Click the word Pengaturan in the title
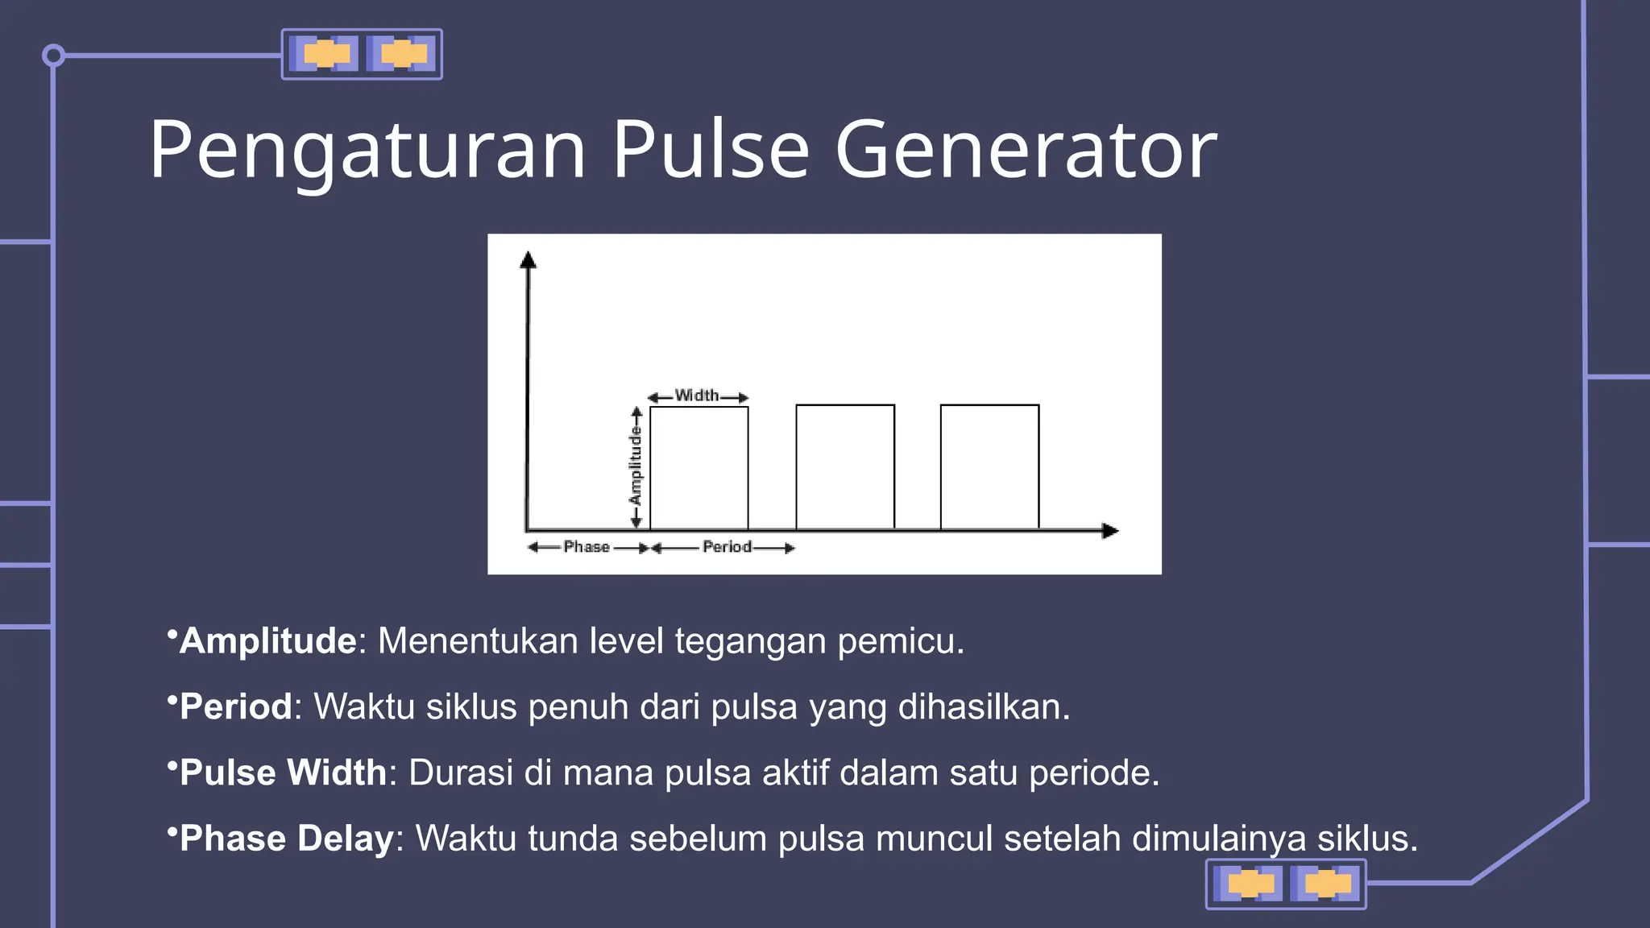coord(367,150)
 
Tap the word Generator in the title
coord(1026,150)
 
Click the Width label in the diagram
coord(697,396)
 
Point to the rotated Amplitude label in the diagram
coord(636,466)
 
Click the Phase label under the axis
coord(587,547)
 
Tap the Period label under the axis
coord(727,547)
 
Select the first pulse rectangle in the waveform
coord(699,467)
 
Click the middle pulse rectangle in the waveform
coord(845,467)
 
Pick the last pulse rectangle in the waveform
coord(989,467)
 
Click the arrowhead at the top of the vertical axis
coord(528,259)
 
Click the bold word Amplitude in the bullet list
coord(267,641)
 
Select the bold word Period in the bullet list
coord(235,707)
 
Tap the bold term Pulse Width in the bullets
coord(283,773)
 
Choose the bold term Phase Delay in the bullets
coord(286,839)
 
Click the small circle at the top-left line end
coord(53,56)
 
